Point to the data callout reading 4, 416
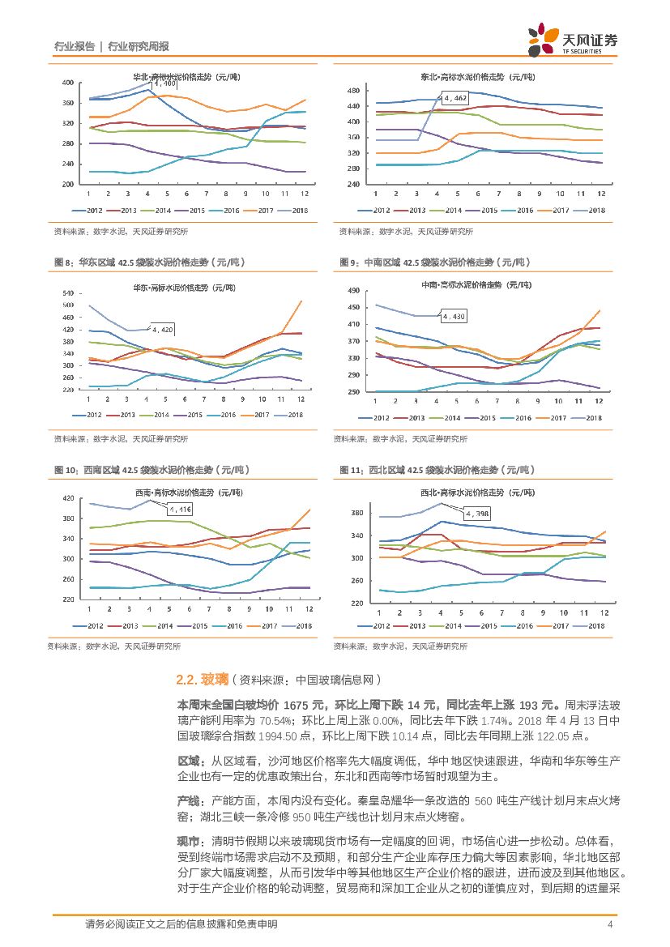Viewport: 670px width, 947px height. (x=181, y=509)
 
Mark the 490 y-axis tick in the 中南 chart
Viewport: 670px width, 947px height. (x=353, y=291)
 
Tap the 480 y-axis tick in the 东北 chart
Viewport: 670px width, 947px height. (x=353, y=89)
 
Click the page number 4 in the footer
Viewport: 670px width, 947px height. (x=610, y=924)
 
